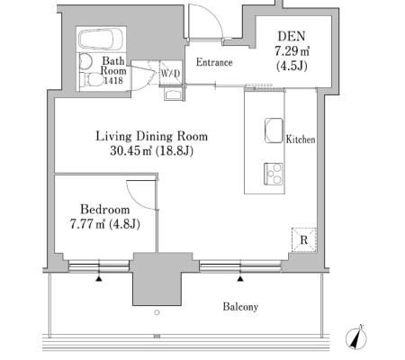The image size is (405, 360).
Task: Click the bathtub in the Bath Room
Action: point(101,39)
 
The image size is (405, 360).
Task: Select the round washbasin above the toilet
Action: point(86,61)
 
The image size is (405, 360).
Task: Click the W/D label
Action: point(170,73)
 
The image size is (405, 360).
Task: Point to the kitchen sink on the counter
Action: point(274,130)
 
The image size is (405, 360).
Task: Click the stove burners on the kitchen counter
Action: point(274,174)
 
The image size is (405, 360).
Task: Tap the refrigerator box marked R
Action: point(304,240)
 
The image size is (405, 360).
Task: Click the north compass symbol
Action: point(356,337)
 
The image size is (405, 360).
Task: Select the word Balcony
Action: point(240,307)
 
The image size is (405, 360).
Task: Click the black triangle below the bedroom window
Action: point(99,279)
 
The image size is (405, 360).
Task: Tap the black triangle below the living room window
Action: point(240,279)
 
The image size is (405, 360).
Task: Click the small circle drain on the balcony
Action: point(157,312)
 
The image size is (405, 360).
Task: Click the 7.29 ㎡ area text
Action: point(292,51)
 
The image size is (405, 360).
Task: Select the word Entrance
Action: point(214,62)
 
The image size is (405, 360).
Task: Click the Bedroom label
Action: point(105,210)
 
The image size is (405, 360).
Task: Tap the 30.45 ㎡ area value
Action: point(131,150)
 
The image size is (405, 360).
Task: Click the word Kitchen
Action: point(301,139)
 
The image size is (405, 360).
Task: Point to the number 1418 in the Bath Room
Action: point(113,80)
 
